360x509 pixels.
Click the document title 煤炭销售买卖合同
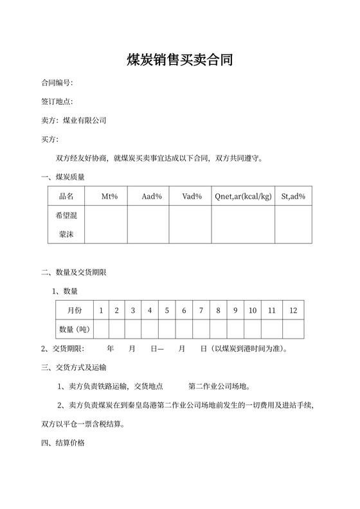(179, 60)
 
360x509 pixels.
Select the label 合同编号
(57, 83)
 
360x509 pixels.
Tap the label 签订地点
(57, 102)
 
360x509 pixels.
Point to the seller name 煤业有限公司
(84, 120)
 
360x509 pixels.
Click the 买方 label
(50, 139)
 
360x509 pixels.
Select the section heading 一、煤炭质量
(63, 177)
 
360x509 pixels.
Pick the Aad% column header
(152, 196)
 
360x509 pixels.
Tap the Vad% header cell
(192, 196)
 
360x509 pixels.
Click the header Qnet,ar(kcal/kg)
(244, 196)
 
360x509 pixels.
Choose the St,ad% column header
(293, 196)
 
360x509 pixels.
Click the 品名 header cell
(66, 196)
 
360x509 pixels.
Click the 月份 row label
(74, 310)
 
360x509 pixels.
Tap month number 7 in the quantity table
(201, 310)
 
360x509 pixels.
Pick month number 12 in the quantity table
(293, 310)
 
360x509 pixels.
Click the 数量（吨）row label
(74, 329)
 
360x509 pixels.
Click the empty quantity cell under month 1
(101, 329)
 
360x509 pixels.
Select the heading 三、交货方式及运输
(74, 368)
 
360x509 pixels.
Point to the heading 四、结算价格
(63, 443)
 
